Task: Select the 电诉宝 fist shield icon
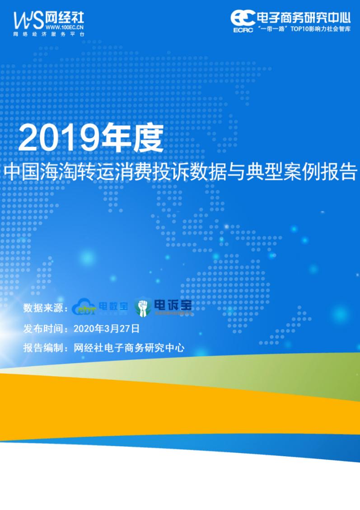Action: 143,306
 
